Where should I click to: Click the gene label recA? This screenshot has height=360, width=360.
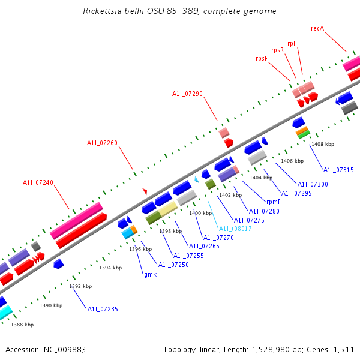(317, 28)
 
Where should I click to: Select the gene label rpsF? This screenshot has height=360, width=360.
(262, 58)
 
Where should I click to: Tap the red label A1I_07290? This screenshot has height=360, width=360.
(188, 94)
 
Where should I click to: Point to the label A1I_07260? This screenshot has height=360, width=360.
(102, 143)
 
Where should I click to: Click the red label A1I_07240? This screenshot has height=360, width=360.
(38, 182)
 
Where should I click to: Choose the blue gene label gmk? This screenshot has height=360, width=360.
(150, 274)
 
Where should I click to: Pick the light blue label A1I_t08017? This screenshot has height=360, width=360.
(235, 229)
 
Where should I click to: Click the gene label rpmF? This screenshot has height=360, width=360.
(273, 202)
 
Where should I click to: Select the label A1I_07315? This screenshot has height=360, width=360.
(338, 170)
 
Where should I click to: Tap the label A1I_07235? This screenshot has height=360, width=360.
(103, 309)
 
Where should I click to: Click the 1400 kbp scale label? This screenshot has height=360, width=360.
(200, 213)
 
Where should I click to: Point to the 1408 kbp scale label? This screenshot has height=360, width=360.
(323, 144)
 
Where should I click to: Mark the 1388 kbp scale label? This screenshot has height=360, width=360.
(22, 325)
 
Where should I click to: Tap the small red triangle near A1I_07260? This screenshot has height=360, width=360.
(145, 191)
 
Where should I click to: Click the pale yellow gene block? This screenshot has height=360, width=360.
(168, 209)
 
